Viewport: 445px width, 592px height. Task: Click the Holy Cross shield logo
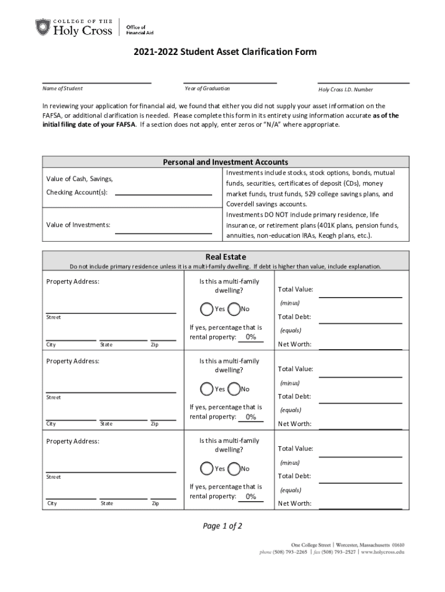pyautogui.click(x=43, y=27)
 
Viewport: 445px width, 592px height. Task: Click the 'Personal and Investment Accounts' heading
pyautogui.click(x=225, y=162)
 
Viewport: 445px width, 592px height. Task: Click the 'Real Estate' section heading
pyautogui.click(x=225, y=257)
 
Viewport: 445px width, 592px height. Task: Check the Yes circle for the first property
pyautogui.click(x=206, y=309)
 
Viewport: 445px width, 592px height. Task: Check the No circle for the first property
pyautogui.click(x=234, y=309)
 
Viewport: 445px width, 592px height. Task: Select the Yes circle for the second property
pyautogui.click(x=206, y=388)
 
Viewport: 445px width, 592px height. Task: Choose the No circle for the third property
pyautogui.click(x=234, y=468)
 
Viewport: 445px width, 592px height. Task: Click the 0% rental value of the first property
pyautogui.click(x=251, y=337)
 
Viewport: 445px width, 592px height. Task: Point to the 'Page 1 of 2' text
pyautogui.click(x=222, y=526)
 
